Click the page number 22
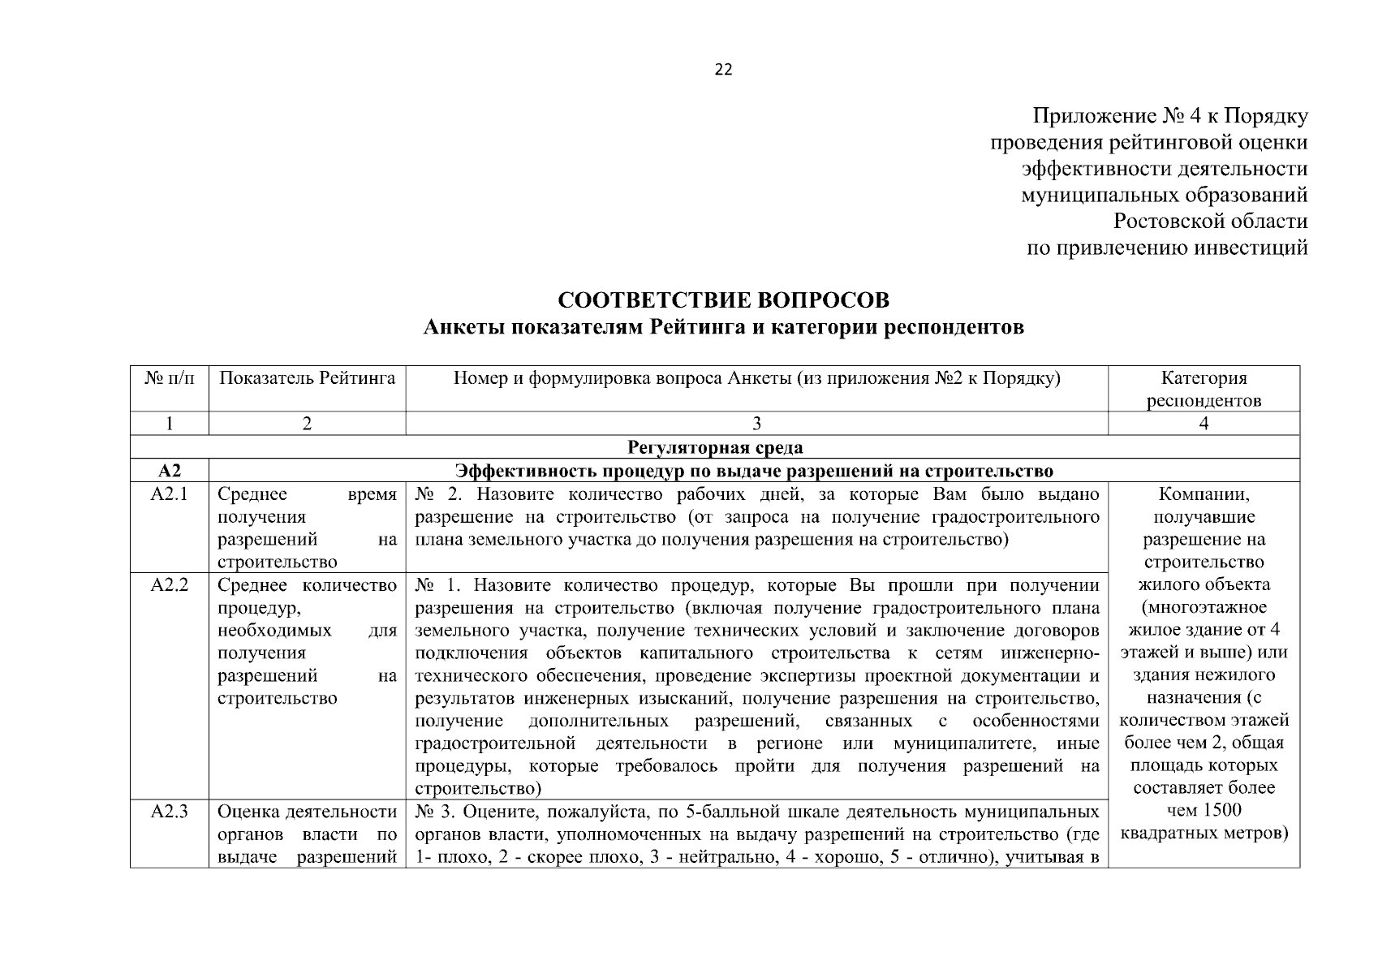[723, 71]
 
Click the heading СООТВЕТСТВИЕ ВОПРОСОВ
[723, 300]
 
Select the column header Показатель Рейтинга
[307, 378]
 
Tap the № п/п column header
[170, 378]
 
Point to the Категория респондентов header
[1204, 389]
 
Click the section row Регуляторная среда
[715, 447]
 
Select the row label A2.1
[170, 495]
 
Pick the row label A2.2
[170, 585]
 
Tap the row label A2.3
[170, 812]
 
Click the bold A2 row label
[170, 471]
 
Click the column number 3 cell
[756, 424]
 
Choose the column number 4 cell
[1204, 424]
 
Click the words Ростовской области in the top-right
[1210, 222]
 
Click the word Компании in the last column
[1204, 495]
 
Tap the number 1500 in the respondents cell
[1222, 811]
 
